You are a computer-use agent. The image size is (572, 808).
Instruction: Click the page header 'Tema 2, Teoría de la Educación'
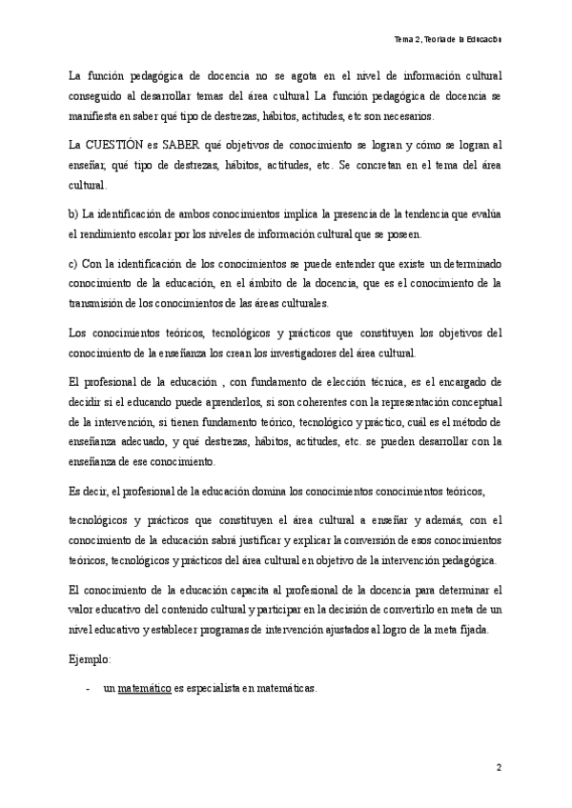click(447, 39)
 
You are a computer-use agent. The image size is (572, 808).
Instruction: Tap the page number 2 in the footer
click(498, 766)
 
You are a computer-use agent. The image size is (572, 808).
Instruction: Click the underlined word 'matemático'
click(144, 689)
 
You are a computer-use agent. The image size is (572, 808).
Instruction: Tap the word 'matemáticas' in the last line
click(285, 689)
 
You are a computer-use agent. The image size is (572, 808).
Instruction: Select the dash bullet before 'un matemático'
click(88, 689)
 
